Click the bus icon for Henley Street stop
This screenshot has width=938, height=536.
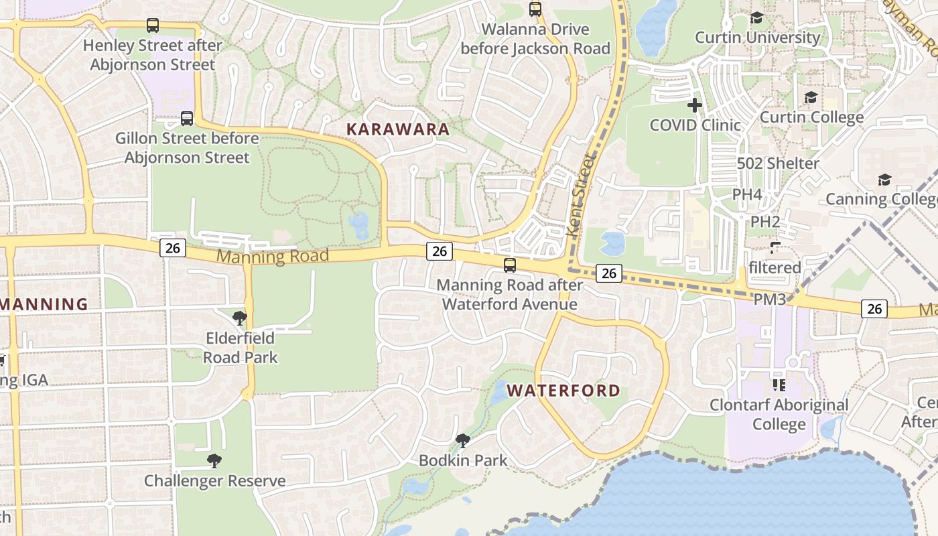[x=153, y=26]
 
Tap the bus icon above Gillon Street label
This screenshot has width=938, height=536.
[x=187, y=119]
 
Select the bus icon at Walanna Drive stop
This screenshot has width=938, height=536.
[x=535, y=9]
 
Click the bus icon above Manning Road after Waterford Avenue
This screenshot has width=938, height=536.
[x=510, y=265]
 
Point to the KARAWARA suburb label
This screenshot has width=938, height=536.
[x=397, y=129]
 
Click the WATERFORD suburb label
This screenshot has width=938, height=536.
[x=563, y=391]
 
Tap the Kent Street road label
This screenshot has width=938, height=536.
[x=580, y=195]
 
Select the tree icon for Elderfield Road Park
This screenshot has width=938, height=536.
[x=239, y=318]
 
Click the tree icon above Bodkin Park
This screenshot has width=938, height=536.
[x=462, y=440]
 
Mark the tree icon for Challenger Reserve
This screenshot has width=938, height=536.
[x=214, y=460]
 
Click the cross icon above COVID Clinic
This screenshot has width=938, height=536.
[x=695, y=105]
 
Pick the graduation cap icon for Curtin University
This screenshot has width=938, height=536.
[x=756, y=17]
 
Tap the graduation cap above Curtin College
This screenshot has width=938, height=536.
[x=811, y=98]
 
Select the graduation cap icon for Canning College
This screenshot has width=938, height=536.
[x=884, y=180]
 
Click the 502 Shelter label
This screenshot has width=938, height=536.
[x=778, y=163]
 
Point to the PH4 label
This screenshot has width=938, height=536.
[x=747, y=194]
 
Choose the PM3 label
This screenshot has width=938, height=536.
[x=769, y=299]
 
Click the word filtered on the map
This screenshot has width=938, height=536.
[x=775, y=268]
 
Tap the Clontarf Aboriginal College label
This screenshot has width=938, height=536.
[x=779, y=415]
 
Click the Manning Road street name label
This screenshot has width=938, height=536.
[x=273, y=256]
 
